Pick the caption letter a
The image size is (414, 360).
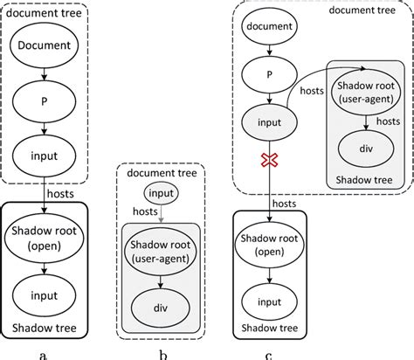pyautogui.click(x=45, y=352)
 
